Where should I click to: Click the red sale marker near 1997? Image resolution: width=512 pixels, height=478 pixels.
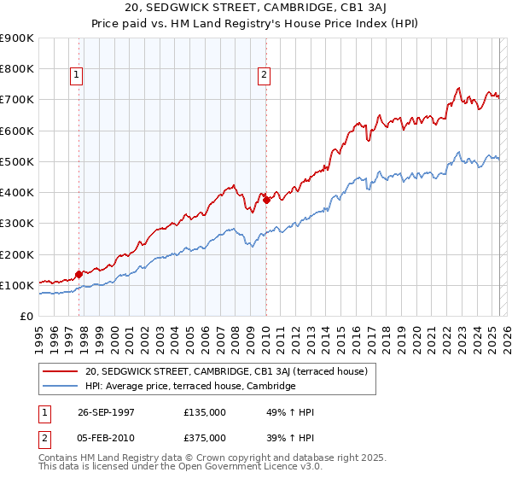coord(79,274)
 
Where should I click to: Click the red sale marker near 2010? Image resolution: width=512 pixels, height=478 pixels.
coord(266,200)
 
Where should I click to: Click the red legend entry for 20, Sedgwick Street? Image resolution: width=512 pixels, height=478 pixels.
coord(226,371)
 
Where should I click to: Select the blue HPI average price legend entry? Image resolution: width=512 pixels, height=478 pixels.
coord(189,386)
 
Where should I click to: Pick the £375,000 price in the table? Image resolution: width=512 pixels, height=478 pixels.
coord(205,437)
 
